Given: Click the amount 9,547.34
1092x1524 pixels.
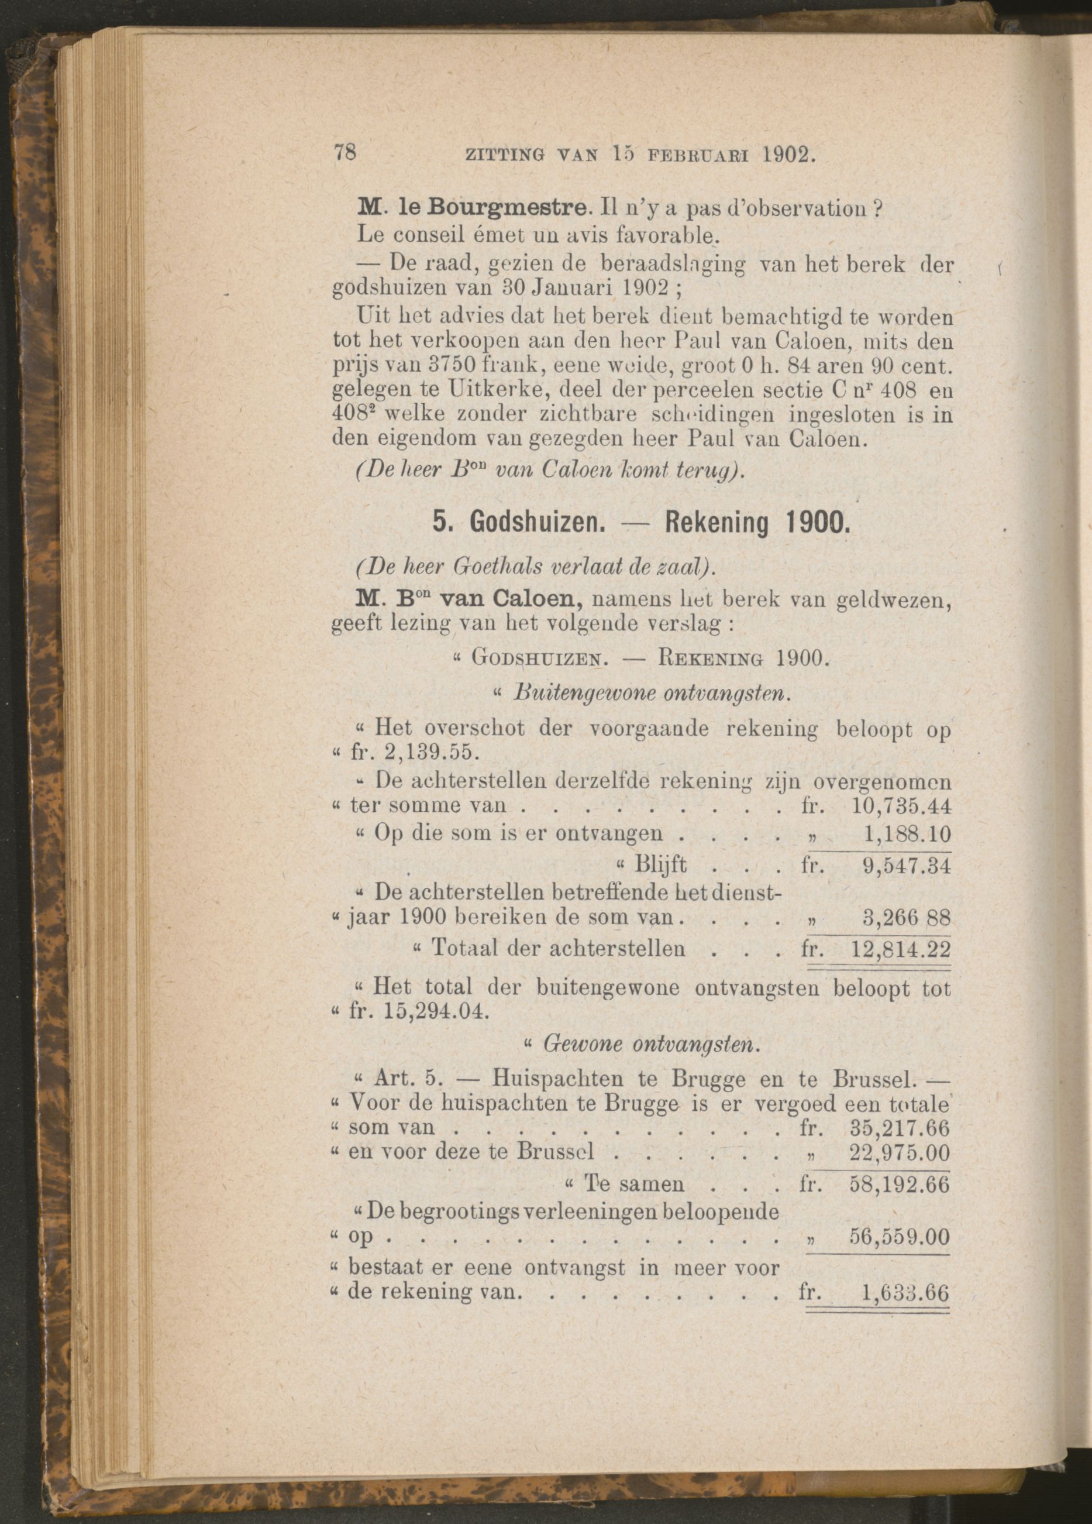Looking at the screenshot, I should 907,866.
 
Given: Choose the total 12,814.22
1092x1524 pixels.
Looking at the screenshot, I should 901,949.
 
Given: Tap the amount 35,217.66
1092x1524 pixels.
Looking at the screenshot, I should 900,1127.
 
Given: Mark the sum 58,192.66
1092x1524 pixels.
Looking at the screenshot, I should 900,1185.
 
